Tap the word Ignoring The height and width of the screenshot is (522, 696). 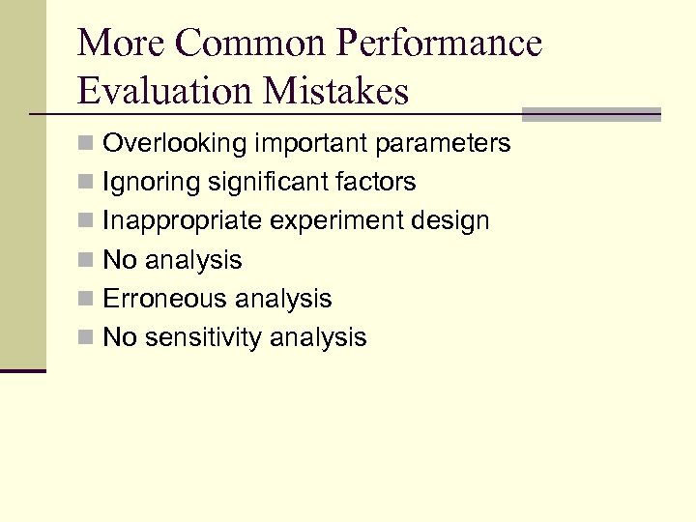pos(151,182)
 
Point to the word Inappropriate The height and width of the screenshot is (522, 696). pos(183,220)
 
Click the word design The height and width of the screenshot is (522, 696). pos(451,220)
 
